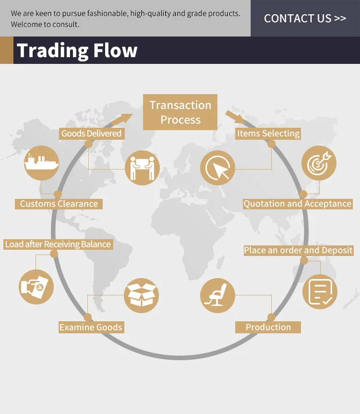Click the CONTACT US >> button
pos(305,19)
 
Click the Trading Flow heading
pos(77,50)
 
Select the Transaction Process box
pos(180,112)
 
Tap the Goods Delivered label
pos(91,133)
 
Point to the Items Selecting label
pos(268,133)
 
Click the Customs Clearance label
pos(59,204)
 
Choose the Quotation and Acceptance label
pos(297,204)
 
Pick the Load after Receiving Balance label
pos(58,244)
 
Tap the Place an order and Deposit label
pos(298,250)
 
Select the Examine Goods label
pos(91,327)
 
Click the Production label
pos(268,327)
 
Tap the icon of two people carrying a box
pos(142,168)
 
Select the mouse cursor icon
pos(217,168)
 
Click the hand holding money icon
pos(36,287)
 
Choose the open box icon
pos(141,295)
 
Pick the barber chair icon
pos(217,295)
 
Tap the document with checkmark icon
pos(320,292)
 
